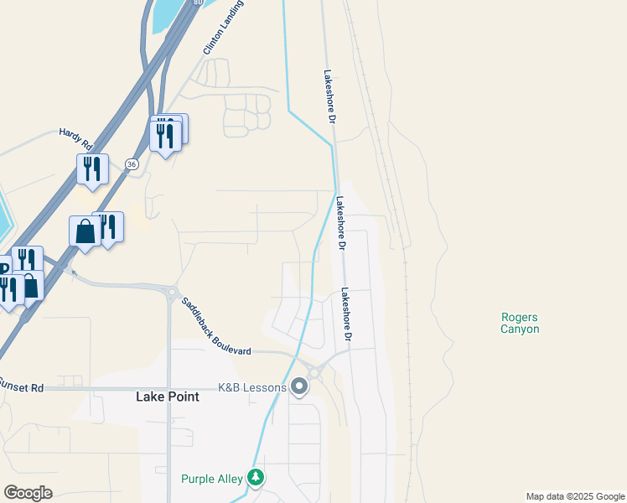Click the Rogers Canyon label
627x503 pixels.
click(x=520, y=323)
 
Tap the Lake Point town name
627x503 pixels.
click(x=168, y=397)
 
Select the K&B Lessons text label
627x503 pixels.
click(x=251, y=386)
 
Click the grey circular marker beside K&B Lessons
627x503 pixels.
click(x=299, y=386)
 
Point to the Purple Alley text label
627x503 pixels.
click(x=212, y=479)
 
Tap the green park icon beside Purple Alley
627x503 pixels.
click(x=256, y=478)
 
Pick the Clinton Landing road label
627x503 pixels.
click(x=215, y=34)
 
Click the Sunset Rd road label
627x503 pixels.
click(x=21, y=386)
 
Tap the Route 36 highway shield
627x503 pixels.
click(x=132, y=163)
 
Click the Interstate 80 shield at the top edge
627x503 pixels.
click(x=197, y=3)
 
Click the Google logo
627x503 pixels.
click(x=28, y=492)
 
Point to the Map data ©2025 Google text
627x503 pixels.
click(x=575, y=496)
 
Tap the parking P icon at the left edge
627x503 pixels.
click(x=3, y=268)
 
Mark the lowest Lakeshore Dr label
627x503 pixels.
click(x=345, y=315)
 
